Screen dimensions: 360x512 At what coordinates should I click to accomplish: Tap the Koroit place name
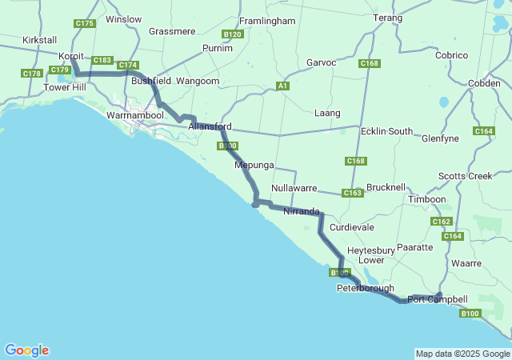(74, 57)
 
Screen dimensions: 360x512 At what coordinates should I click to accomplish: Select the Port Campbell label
(437, 299)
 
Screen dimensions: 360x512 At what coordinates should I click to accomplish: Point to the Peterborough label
(366, 288)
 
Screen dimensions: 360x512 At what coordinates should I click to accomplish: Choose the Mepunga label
(254, 165)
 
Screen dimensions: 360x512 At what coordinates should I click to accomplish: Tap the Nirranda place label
(301, 212)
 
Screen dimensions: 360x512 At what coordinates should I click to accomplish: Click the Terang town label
(388, 17)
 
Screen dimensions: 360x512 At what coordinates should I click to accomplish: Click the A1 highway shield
(282, 86)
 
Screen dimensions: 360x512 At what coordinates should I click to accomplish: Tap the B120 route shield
(232, 34)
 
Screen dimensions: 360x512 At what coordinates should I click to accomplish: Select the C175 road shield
(85, 24)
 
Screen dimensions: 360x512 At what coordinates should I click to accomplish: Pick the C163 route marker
(353, 193)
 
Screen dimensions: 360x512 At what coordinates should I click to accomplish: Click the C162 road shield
(441, 222)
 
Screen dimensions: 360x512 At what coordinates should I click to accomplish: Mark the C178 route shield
(32, 74)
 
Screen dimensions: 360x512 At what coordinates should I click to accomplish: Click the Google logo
(26, 350)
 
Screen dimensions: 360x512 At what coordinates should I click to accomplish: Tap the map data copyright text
(462, 354)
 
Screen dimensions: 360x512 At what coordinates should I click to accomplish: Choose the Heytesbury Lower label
(371, 255)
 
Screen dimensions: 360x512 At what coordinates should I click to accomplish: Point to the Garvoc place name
(322, 62)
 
